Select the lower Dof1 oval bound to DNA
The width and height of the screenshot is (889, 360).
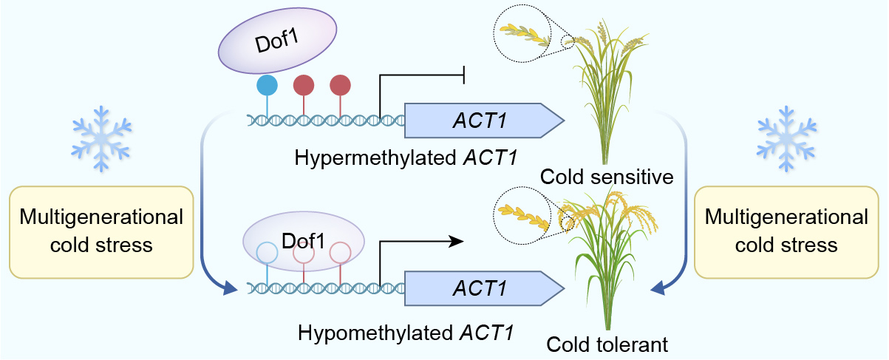303,241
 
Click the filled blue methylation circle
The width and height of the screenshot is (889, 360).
267,85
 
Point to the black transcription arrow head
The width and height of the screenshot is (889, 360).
457,240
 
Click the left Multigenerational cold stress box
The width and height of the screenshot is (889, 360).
101,231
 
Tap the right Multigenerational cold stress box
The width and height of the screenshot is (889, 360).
787,231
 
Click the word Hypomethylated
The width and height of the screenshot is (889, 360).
375,332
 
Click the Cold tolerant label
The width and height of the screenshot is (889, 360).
607,344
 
